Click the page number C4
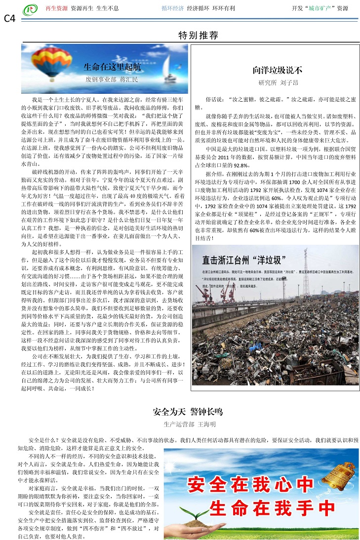(x=9, y=18)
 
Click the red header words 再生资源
(x=56, y=9)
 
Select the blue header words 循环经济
(x=172, y=9)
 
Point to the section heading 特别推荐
(x=198, y=36)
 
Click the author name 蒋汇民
(x=129, y=79)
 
